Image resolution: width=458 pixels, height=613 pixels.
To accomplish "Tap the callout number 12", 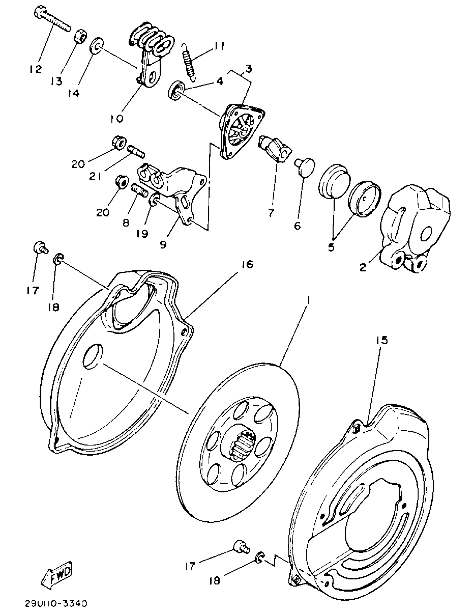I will [36, 69].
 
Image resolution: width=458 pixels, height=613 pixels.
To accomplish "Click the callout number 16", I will [247, 265].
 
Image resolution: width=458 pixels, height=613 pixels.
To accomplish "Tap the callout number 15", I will [381, 340].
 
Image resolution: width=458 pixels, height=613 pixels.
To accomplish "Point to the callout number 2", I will [363, 267].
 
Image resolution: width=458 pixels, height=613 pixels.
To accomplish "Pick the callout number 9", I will [163, 244].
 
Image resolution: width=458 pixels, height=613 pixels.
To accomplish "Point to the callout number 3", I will [249, 68].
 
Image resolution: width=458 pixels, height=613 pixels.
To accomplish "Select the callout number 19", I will [142, 234].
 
